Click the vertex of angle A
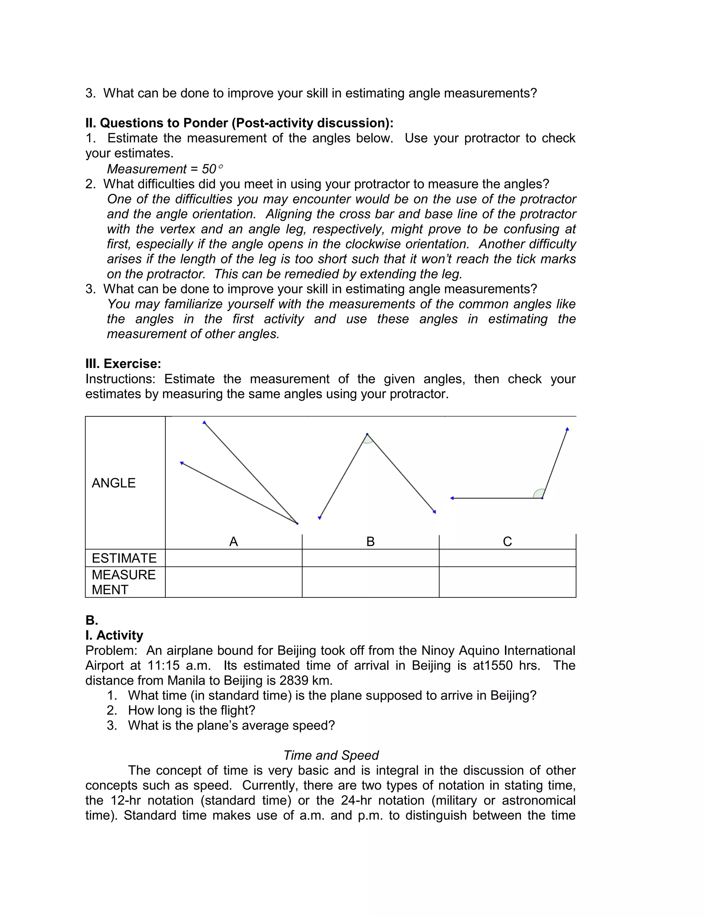[x=297, y=523]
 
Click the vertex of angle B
[x=367, y=434]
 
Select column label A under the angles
[x=233, y=541]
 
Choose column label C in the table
[x=507, y=541]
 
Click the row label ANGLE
[x=113, y=483]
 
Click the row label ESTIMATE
[x=124, y=558]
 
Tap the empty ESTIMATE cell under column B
[x=371, y=558]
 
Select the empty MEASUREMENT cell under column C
[x=507, y=582]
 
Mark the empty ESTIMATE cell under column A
[x=233, y=558]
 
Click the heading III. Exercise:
[x=123, y=364]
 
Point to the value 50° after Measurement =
[x=212, y=169]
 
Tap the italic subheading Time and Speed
[x=331, y=755]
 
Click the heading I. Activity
[x=114, y=635]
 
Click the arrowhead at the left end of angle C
[x=452, y=498]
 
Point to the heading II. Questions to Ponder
[x=239, y=123]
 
